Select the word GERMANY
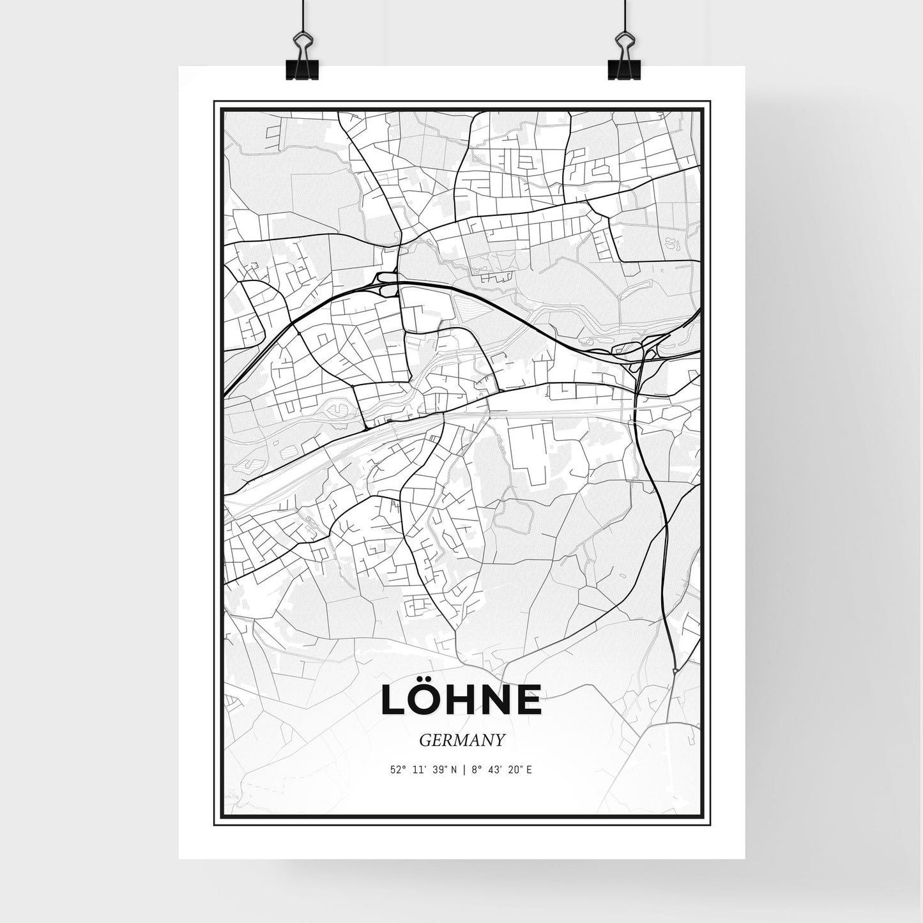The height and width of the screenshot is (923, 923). (462, 740)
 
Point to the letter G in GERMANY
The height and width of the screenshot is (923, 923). (425, 740)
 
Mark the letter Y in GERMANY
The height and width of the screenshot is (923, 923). (500, 740)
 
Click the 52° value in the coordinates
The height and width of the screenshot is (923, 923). (398, 770)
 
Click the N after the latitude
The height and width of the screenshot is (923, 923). (454, 770)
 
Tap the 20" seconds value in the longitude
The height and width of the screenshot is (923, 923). (515, 770)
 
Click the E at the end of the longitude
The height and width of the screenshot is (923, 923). (530, 770)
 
